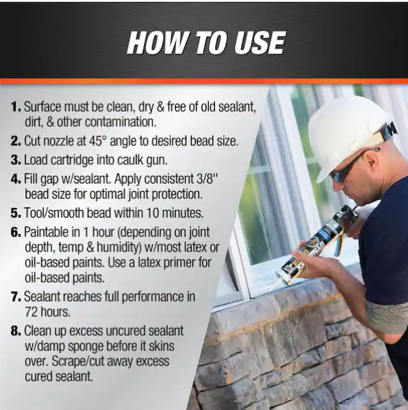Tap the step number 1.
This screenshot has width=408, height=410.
point(16,106)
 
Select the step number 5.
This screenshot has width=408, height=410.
point(16,213)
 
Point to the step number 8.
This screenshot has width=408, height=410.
point(16,331)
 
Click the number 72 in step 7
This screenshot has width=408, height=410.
point(31,312)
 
